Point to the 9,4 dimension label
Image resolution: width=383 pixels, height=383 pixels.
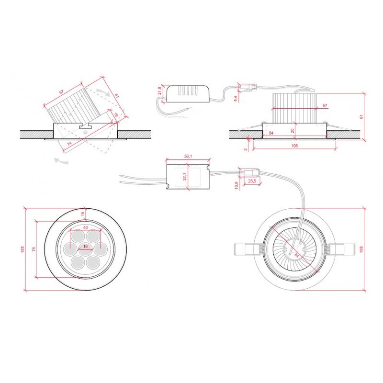235,98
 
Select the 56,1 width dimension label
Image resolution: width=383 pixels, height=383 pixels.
188,156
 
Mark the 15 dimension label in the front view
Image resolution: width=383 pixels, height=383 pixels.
82,214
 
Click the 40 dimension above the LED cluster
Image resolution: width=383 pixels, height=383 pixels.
85,227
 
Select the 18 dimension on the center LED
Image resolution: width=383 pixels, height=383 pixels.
85,246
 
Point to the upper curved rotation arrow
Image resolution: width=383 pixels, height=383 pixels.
102,91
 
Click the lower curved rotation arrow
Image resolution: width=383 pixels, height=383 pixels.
61,162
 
